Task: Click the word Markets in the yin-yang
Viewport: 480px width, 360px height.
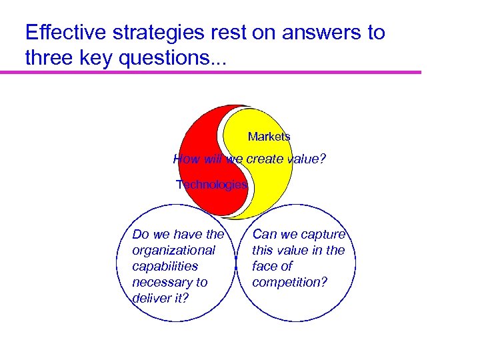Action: (x=269, y=137)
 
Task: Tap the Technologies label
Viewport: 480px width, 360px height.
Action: (x=211, y=185)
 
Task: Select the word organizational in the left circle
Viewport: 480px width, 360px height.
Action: (x=173, y=250)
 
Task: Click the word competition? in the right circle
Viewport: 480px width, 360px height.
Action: (x=289, y=282)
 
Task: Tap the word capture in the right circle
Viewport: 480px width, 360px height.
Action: (x=323, y=234)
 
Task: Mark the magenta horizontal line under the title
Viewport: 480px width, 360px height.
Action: (x=219, y=72)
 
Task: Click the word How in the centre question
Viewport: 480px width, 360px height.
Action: (x=185, y=159)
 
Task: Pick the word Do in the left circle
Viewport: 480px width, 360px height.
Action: (x=141, y=234)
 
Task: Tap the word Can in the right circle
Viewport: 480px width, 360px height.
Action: (x=264, y=234)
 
